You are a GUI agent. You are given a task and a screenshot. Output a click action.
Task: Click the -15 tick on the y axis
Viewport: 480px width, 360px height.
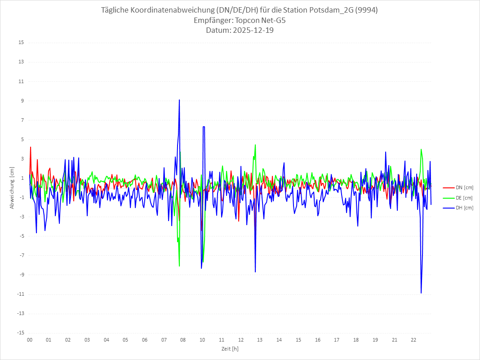[21, 333]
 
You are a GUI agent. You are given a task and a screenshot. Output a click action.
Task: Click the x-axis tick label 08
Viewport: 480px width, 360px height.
[183, 340]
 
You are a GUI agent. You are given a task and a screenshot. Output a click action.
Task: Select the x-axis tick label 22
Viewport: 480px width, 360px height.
[414, 340]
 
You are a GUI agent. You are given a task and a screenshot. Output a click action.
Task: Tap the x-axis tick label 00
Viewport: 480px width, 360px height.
[30, 340]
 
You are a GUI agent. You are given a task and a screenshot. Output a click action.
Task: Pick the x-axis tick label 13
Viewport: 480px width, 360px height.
[260, 340]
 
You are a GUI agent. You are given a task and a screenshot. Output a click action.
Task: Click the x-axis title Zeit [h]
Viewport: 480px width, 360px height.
[230, 349]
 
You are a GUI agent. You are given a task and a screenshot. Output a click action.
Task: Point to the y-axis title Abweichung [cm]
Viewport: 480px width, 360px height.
[12, 188]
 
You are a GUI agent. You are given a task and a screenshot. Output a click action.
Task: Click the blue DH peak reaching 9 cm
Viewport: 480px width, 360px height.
[179, 100]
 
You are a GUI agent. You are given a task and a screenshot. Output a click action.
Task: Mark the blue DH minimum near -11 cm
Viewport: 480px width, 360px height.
[421, 293]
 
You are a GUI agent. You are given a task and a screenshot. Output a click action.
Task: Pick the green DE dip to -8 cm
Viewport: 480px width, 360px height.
[179, 266]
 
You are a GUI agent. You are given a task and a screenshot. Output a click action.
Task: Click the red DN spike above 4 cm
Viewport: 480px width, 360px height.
[31, 147]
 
